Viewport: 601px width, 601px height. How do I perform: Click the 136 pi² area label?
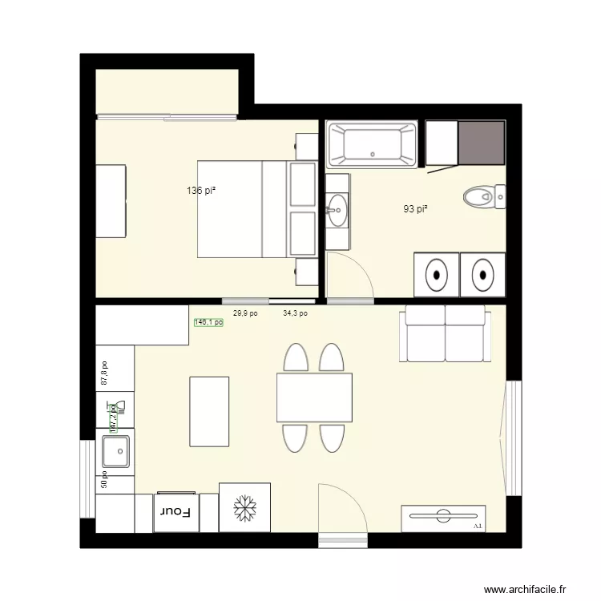pyautogui.click(x=202, y=191)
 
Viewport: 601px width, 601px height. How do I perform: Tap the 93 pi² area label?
pyautogui.click(x=415, y=209)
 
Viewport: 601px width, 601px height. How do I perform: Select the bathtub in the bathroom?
pyautogui.click(x=373, y=145)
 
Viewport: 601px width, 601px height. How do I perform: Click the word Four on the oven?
pyautogui.click(x=175, y=511)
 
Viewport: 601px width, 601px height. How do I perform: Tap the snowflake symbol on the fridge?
pyautogui.click(x=244, y=507)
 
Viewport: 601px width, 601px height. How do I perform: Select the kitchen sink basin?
pyautogui.click(x=115, y=453)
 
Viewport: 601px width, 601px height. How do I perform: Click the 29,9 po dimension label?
pyautogui.click(x=245, y=314)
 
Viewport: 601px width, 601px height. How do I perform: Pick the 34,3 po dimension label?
pyautogui.click(x=295, y=314)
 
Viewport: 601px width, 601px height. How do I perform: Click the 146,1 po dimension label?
pyautogui.click(x=208, y=322)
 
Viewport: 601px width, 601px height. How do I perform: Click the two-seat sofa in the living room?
pyautogui.click(x=445, y=334)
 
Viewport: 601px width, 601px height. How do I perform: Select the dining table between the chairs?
pyautogui.click(x=314, y=397)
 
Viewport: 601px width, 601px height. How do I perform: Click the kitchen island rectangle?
pyautogui.click(x=209, y=411)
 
